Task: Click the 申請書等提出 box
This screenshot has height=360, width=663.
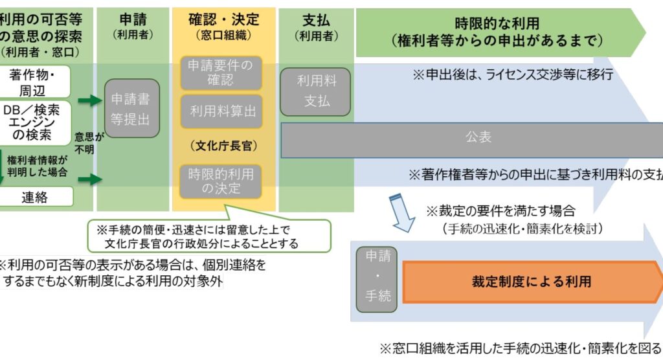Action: point(131,109)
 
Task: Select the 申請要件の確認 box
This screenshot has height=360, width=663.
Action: point(221,73)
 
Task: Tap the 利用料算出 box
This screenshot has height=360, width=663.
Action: point(222,111)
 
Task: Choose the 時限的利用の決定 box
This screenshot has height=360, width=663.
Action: point(221,181)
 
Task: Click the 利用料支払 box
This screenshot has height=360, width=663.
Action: point(316,91)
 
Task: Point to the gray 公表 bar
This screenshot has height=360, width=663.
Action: point(478,137)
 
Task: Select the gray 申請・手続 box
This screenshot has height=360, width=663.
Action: point(377,279)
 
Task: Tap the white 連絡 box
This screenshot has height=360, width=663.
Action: point(35,197)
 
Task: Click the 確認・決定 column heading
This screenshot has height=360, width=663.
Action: point(223,19)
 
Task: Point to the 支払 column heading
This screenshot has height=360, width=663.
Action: point(316,19)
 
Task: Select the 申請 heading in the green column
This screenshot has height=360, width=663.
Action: point(132,19)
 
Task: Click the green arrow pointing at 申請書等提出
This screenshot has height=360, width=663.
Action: point(91,100)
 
